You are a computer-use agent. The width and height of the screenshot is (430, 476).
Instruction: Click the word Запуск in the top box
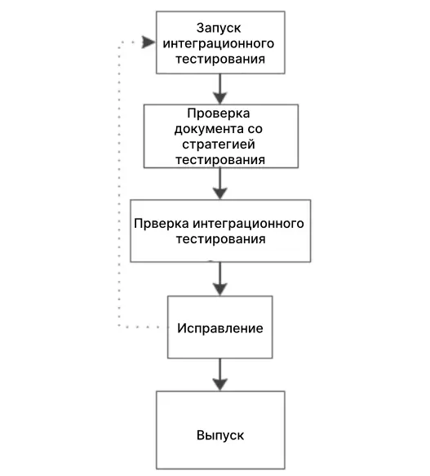[219, 29]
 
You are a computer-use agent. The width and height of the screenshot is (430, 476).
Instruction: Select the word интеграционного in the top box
[219, 44]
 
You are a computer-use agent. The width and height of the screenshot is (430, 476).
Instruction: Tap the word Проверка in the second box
[219, 113]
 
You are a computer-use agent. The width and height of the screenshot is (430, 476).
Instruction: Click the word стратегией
[219, 145]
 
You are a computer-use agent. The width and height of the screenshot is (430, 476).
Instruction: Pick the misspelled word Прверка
[162, 224]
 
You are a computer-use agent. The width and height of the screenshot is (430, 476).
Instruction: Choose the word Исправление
[220, 328]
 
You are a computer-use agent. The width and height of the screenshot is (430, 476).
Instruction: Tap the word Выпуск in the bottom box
[220, 436]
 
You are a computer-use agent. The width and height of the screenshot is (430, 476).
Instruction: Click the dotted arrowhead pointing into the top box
[148, 42]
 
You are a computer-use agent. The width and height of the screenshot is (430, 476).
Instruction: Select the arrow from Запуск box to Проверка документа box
[220, 89]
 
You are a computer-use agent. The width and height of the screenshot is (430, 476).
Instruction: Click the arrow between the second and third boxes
[220, 184]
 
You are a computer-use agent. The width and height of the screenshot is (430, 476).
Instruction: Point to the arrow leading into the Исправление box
[220, 278]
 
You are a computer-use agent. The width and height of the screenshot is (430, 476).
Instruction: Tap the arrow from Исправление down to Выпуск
[220, 375]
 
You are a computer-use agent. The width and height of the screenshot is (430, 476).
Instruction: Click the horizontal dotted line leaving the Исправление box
[143, 327]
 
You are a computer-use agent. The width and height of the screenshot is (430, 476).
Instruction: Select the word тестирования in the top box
[220, 59]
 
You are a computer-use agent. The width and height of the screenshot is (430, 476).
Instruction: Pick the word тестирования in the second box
[220, 160]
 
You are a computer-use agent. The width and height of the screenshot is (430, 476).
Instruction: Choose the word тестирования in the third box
[220, 239]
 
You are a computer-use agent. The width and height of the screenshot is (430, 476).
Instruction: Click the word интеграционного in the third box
[249, 224]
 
